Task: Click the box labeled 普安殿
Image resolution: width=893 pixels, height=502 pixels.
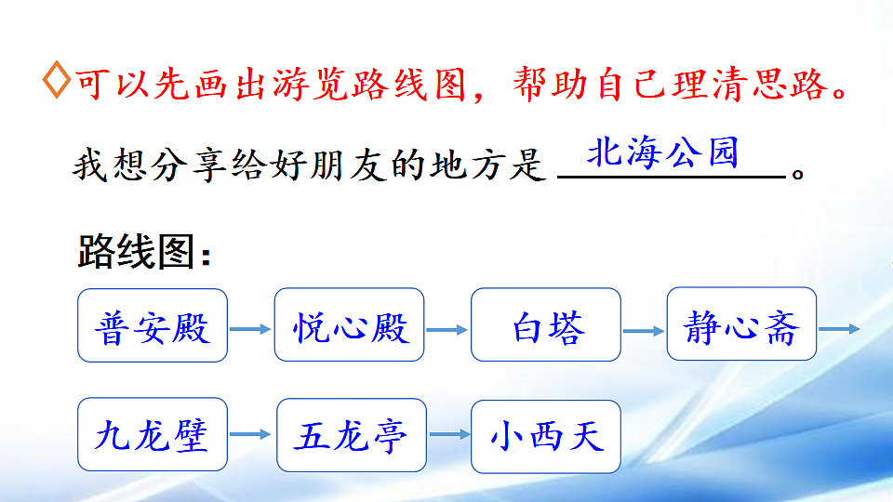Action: [x=153, y=325]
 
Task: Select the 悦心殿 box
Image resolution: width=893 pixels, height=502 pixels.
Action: [x=349, y=325]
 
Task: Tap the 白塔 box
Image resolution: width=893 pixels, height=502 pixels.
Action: [x=545, y=325]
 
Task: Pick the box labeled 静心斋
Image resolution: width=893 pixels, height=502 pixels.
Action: [x=741, y=325]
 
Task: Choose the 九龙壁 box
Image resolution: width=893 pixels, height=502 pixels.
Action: [x=153, y=435]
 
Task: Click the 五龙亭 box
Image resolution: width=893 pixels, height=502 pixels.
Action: [x=351, y=435]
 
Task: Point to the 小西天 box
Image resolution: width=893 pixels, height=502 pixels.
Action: [x=547, y=435]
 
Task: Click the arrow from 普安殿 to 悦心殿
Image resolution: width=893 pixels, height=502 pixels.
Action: [x=250, y=328]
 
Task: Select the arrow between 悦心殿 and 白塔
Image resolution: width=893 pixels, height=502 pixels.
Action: [x=446, y=328]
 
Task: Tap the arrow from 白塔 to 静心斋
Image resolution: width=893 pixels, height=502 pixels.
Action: [x=644, y=328]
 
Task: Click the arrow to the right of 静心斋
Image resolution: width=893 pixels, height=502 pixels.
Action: [x=839, y=328]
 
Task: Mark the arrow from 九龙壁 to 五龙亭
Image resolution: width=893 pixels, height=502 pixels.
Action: [x=251, y=434]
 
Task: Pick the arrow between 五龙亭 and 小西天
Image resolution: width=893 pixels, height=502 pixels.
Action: [x=448, y=434]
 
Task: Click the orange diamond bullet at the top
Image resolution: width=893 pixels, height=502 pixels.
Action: [x=55, y=83]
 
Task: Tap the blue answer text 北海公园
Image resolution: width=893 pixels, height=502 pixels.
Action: [x=662, y=152]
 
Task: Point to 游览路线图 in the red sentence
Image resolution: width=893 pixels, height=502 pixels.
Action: [x=372, y=86]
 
